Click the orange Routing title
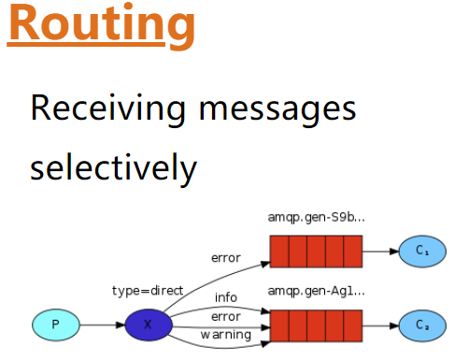101,25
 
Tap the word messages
277,110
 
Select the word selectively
113,167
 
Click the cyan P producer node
56,324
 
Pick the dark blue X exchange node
149,324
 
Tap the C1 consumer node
422,252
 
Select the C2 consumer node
422,325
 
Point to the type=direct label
148,291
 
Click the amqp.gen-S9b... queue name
316,217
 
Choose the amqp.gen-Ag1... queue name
316,291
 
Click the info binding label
226,297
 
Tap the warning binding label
226,335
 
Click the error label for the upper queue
226,258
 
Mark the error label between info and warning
226,317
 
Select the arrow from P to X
102,325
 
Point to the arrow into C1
381,252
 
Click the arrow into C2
381,325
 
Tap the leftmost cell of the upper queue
279,252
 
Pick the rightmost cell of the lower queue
353,325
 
